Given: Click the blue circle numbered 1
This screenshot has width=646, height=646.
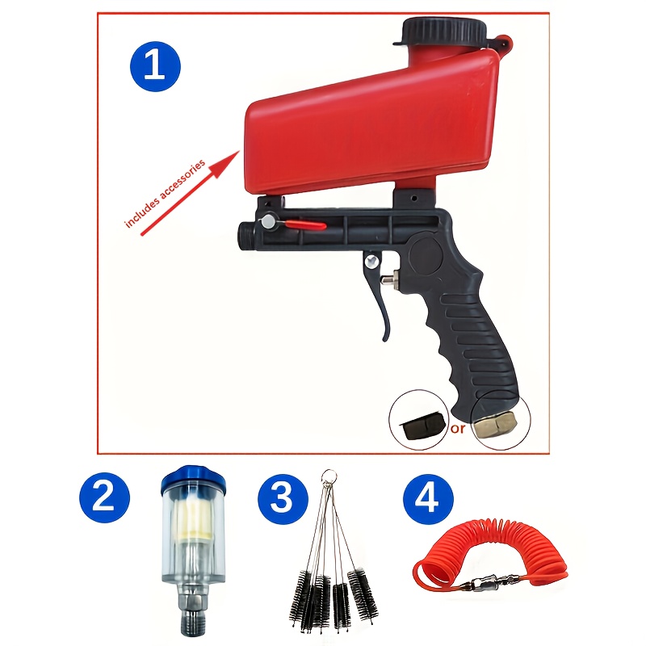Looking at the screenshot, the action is tap(155, 66).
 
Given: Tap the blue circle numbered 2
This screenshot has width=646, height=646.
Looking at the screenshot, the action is tap(104, 497).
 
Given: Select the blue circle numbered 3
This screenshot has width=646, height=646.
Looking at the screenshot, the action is tap(283, 499).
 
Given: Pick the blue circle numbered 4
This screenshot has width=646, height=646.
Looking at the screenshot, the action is tap(428, 499).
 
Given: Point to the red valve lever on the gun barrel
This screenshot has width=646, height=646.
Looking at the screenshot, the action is tap(306, 225).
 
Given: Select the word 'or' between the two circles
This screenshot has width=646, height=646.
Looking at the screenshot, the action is tap(458, 429).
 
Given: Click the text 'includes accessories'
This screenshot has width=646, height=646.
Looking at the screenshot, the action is tap(165, 194).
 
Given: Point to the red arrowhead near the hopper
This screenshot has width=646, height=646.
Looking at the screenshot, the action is tap(227, 163).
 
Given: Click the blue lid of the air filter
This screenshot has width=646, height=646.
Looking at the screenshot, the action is tap(193, 480).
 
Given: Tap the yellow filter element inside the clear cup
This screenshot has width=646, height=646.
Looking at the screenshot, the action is tap(192, 521).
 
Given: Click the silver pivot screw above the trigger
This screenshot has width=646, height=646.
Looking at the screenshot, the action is tap(371, 261).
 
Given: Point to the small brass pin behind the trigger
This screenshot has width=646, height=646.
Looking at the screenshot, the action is tap(388, 280).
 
